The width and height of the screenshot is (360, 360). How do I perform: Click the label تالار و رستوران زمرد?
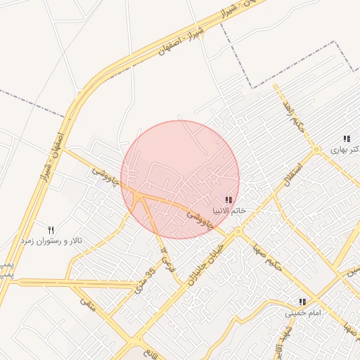coord(51,240)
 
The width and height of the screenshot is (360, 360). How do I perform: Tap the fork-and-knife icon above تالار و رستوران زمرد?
coord(51,229)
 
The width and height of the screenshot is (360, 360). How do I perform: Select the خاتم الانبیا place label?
coord(230,211)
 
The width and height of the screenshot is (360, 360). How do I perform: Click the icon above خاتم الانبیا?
coord(230,200)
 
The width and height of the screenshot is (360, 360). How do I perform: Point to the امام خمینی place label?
coord(303,312)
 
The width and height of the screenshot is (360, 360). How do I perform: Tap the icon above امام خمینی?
coord(303,301)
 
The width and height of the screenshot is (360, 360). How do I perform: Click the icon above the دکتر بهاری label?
coord(346,139)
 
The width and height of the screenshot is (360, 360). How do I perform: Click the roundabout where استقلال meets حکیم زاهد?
coord(316,150)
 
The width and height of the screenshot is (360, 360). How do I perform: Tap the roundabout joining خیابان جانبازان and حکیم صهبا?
coord(238,231)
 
